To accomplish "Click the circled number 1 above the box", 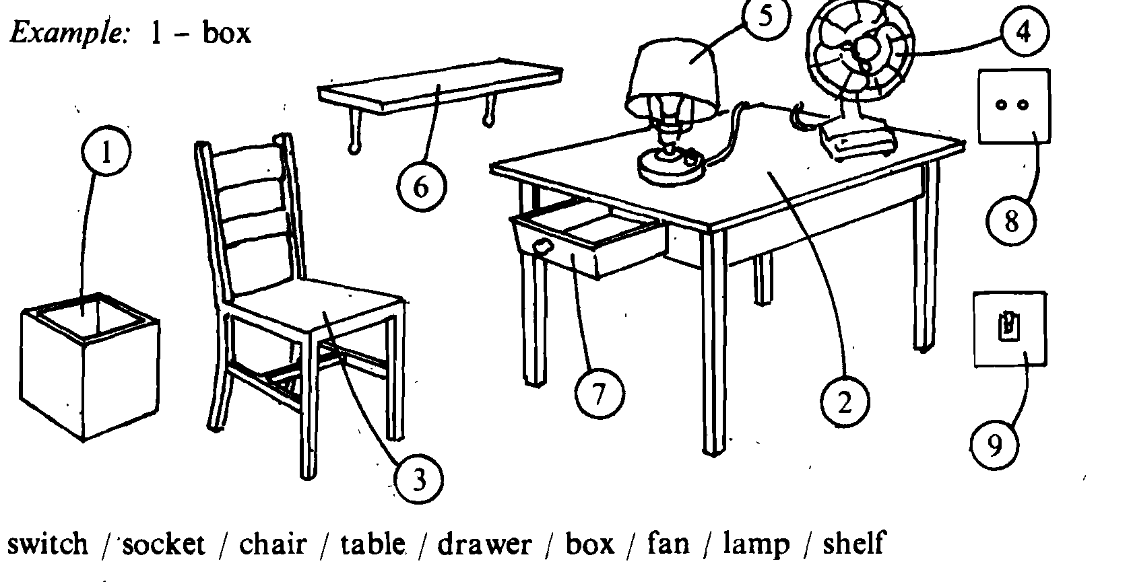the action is click(106, 151).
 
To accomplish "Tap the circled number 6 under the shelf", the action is click(422, 186).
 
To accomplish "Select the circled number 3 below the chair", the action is click(418, 479).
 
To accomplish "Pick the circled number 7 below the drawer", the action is click(600, 394).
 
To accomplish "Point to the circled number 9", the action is click(994, 445).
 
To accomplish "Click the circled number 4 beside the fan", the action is click(1025, 32).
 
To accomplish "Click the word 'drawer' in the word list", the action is click(484, 544).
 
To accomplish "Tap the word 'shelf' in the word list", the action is click(853, 543).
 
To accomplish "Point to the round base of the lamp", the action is click(670, 169).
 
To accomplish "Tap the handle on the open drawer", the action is click(543, 247).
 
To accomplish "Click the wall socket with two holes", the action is click(1014, 106).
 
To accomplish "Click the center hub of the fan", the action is click(866, 48).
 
